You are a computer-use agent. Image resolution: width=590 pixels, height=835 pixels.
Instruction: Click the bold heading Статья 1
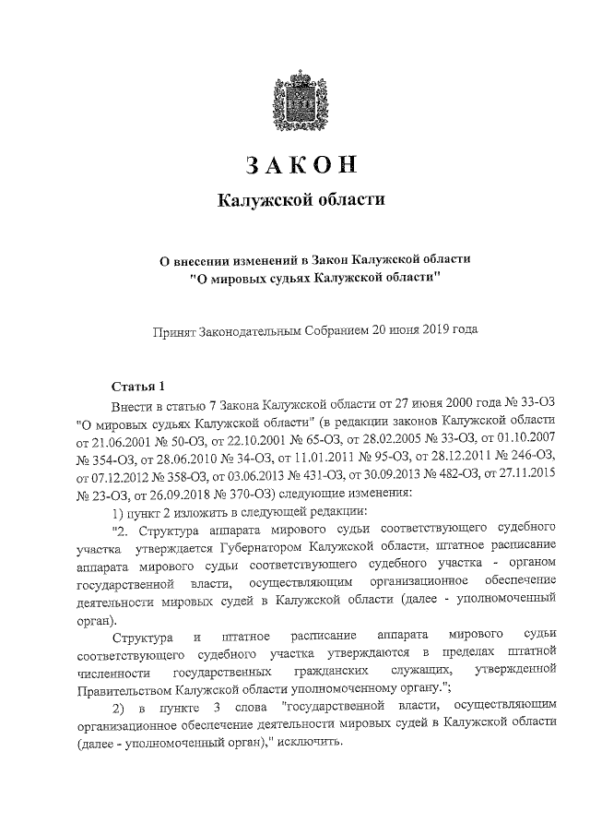(x=137, y=386)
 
